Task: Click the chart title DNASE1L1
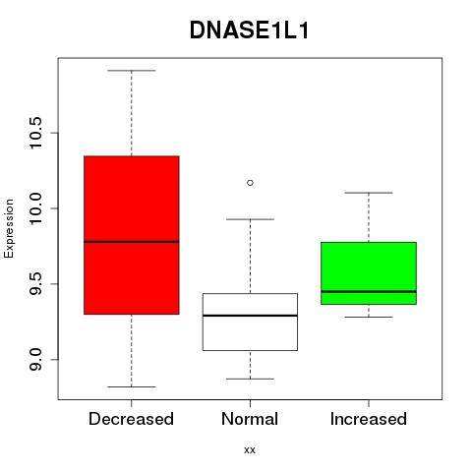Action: [249, 30]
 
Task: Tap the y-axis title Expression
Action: [9, 228]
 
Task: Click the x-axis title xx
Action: [250, 450]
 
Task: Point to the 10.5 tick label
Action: [35, 133]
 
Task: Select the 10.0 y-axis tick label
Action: [35, 208]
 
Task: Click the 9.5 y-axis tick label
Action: [35, 284]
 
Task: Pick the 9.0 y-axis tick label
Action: [35, 360]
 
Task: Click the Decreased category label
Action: [131, 419]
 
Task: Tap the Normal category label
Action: [250, 419]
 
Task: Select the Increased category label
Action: [369, 419]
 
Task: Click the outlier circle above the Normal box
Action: [250, 183]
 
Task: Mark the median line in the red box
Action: [132, 242]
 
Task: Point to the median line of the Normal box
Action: [250, 316]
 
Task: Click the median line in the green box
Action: [369, 291]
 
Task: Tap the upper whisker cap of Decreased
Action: [132, 71]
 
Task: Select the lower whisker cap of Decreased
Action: [132, 386]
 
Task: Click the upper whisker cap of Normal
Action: [250, 219]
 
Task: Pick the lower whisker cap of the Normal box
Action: [250, 379]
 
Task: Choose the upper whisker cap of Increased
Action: [369, 193]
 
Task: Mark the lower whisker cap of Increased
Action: [369, 317]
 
